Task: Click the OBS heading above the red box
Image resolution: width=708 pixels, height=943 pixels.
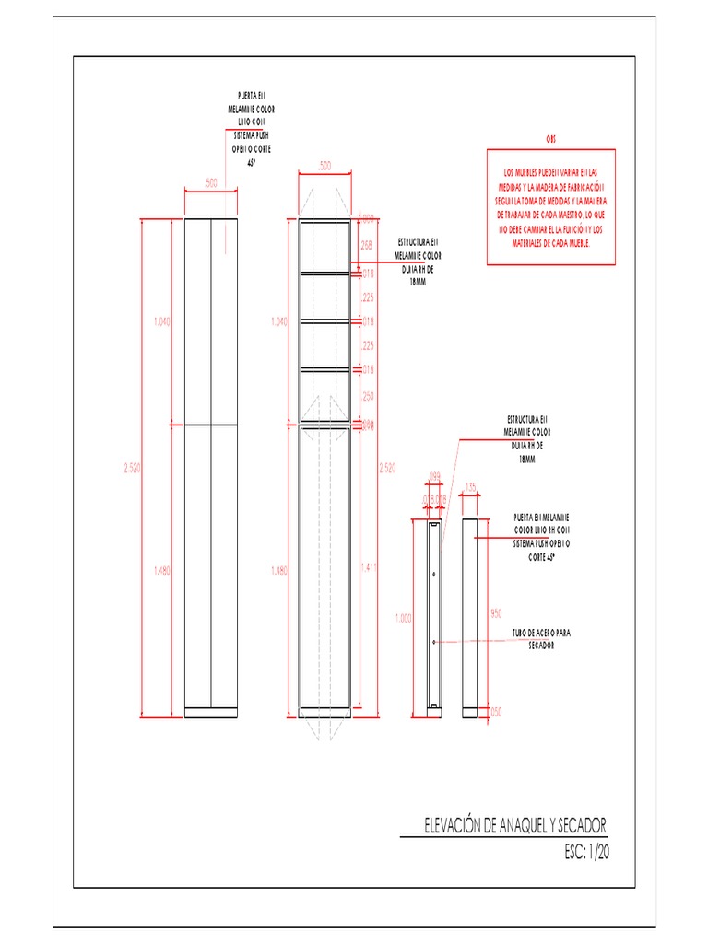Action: pyautogui.click(x=551, y=138)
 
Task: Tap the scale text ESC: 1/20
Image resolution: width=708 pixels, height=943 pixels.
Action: pyautogui.click(x=586, y=852)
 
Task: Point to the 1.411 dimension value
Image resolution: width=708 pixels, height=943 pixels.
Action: pyautogui.click(x=368, y=566)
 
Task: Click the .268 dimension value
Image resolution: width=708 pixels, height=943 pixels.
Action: pyautogui.click(x=367, y=245)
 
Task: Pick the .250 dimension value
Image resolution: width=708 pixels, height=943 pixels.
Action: pyautogui.click(x=367, y=396)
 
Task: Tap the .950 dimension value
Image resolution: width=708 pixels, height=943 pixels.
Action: pyautogui.click(x=495, y=612)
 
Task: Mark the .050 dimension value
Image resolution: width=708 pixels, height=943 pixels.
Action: pyautogui.click(x=496, y=711)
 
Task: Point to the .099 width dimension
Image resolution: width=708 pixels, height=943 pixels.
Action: pyautogui.click(x=434, y=477)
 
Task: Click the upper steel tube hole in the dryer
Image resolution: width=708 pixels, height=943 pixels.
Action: pyautogui.click(x=433, y=572)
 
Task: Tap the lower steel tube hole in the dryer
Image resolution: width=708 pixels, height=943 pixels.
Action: pyautogui.click(x=433, y=640)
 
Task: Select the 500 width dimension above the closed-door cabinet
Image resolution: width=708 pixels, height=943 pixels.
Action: pyautogui.click(x=211, y=183)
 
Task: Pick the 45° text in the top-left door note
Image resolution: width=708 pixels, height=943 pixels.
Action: pyautogui.click(x=251, y=162)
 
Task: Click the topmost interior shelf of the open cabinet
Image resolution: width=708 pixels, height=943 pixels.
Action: pyautogui.click(x=324, y=273)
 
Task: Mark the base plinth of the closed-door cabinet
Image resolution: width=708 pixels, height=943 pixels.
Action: pyautogui.click(x=211, y=712)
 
